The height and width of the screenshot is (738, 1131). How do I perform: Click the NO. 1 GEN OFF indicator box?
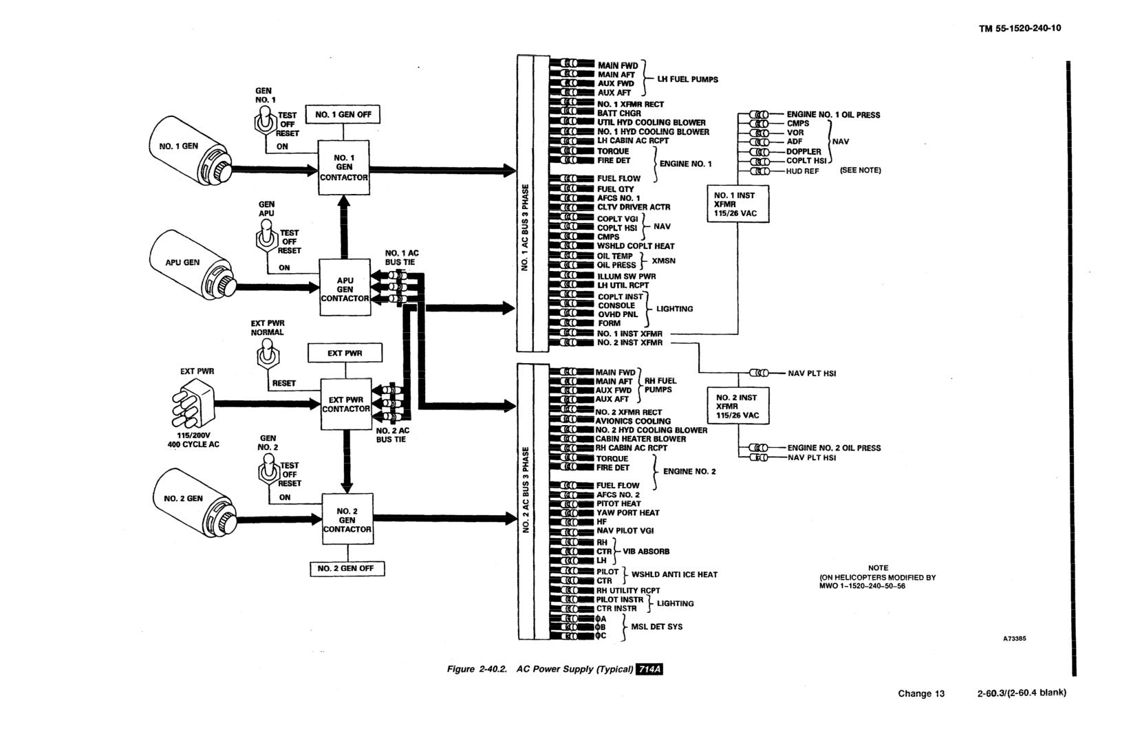tap(343, 115)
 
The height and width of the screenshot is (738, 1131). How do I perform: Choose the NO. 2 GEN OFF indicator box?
tap(347, 568)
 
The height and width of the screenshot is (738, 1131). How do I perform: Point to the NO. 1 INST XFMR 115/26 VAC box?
tap(737, 204)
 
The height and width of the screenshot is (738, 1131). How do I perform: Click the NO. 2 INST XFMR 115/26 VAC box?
tap(737, 406)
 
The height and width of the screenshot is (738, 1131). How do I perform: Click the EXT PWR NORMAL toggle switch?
tap(268, 354)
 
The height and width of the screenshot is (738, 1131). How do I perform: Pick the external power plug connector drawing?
tap(193, 403)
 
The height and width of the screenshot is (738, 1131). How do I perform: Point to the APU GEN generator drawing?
tap(192, 265)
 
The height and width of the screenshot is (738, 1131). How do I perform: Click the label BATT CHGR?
tap(619, 113)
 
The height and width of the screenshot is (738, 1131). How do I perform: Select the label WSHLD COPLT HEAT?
tap(636, 246)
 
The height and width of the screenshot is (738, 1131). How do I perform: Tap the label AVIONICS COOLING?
tap(633, 421)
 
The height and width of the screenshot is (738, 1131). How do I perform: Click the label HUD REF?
tap(802, 171)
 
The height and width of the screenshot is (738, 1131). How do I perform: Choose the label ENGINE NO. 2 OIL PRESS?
tap(834, 448)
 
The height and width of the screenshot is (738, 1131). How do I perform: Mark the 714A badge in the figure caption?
tap(649, 669)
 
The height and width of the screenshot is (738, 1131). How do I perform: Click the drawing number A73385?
tap(1014, 638)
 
